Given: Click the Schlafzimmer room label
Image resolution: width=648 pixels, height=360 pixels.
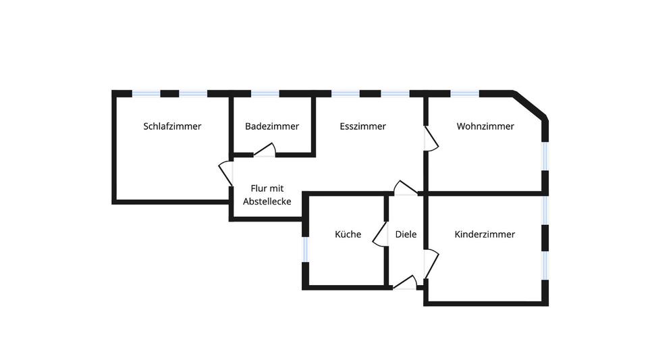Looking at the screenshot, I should tap(172, 126).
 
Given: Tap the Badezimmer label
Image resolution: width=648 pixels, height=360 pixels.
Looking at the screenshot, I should tap(272, 126).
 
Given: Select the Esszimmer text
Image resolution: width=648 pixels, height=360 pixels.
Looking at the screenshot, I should tap(362, 126).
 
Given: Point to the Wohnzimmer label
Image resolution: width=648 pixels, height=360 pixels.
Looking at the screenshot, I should tap(485, 126).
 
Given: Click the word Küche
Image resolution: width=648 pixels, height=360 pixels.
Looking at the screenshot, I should tap(348, 234).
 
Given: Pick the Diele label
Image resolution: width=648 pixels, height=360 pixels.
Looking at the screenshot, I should tap(406, 234).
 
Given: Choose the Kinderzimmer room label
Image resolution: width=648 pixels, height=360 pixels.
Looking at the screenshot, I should tap(485, 234).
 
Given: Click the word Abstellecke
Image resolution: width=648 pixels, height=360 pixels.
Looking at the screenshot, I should tap(267, 201).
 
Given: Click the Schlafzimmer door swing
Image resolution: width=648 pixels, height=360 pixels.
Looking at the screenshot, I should tap(225, 174).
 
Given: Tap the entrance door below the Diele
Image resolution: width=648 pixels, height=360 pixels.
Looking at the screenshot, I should tap(405, 282).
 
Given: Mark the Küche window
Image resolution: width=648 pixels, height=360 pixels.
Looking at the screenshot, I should tap(305, 248).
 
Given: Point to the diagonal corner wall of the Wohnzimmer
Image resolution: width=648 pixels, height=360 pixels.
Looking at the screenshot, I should tap(531, 106).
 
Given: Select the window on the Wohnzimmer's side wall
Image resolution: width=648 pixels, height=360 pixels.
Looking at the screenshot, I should tap(545, 155).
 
